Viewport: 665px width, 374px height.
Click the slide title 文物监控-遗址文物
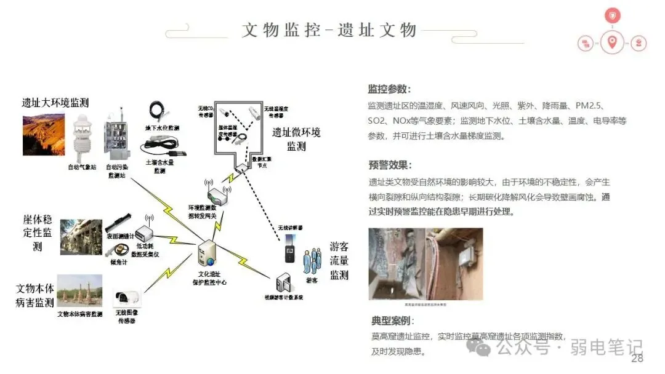point(329,30)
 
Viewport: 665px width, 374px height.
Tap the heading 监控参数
point(389,89)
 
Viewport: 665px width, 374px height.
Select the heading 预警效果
point(389,165)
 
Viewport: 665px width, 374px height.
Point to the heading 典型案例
point(392,321)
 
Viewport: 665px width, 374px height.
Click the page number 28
point(637,359)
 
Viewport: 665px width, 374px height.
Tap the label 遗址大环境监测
point(55,103)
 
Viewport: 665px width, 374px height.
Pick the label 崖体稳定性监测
point(38,232)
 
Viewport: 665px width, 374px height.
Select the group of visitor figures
point(312,261)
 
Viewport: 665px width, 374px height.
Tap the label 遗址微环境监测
point(296,139)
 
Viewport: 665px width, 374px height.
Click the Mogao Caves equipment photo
point(425,264)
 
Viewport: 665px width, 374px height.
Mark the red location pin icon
point(611,42)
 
